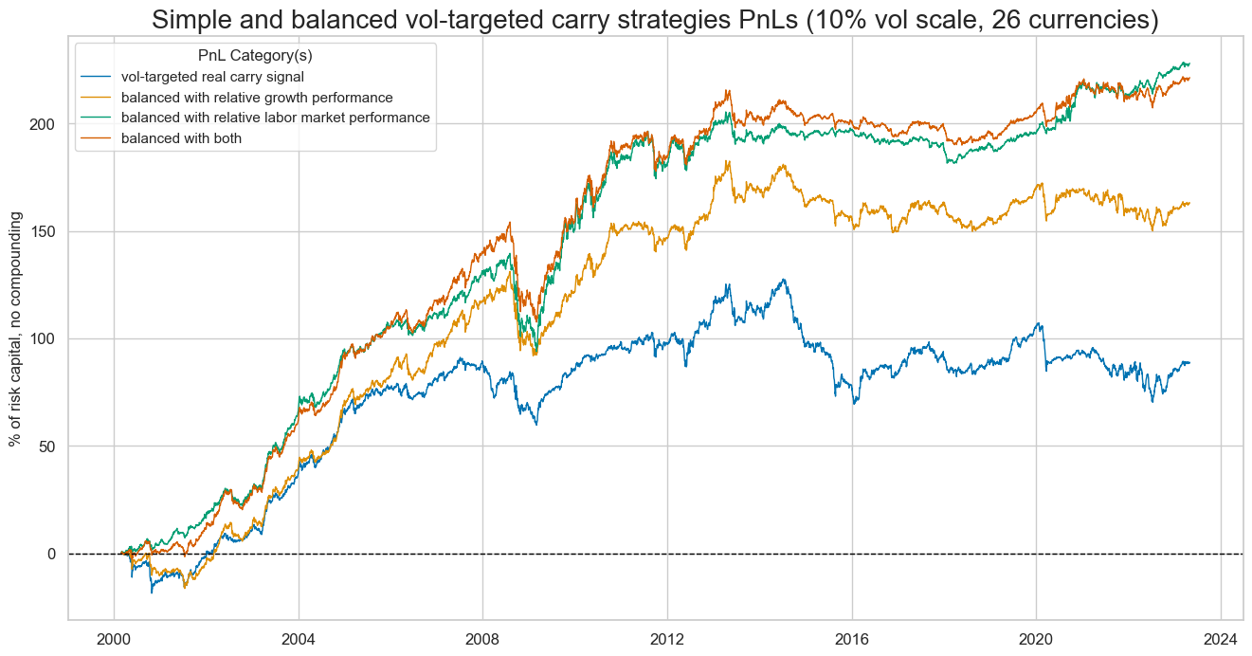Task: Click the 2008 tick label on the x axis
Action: pyautogui.click(x=482, y=638)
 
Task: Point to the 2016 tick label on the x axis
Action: pyautogui.click(x=851, y=638)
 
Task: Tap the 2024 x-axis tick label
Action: pyautogui.click(x=1220, y=638)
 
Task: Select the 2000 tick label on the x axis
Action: pyautogui.click(x=114, y=638)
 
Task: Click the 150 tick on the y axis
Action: pyautogui.click(x=45, y=231)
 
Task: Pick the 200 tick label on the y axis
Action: pyautogui.click(x=45, y=124)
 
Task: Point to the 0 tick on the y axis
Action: pyautogui.click(x=53, y=554)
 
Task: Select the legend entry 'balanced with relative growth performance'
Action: pyautogui.click(x=257, y=98)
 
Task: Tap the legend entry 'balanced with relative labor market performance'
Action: pyautogui.click(x=275, y=118)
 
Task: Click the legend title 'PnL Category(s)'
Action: pyautogui.click(x=255, y=56)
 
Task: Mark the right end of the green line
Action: pyautogui.click(x=1189, y=64)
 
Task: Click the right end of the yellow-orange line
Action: pyautogui.click(x=1189, y=203)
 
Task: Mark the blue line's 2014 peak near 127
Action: pyautogui.click(x=783, y=280)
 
